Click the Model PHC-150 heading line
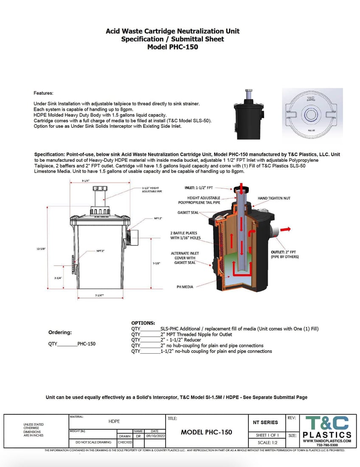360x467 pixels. pyautogui.click(x=172, y=47)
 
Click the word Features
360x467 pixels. pyautogui.click(x=43, y=93)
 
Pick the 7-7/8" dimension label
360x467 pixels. pyautogui.click(x=156, y=263)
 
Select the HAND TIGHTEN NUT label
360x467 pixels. pyautogui.click(x=274, y=198)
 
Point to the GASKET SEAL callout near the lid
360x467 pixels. pyautogui.click(x=188, y=212)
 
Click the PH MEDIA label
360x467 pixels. pyautogui.click(x=185, y=287)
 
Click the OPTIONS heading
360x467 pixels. pyautogui.click(x=143, y=323)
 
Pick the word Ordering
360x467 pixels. pyautogui.click(x=60, y=332)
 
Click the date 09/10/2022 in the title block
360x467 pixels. pyautogui.click(x=155, y=436)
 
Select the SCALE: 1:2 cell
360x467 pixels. pyautogui.click(x=267, y=443)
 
